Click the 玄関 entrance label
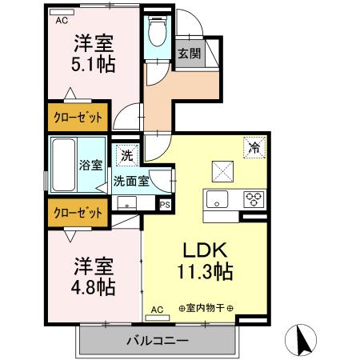pyautogui.click(x=189, y=54)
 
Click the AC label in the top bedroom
pyautogui.click(x=62, y=22)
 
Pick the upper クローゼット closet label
pyautogui.click(x=78, y=118)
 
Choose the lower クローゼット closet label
pyautogui.click(x=78, y=213)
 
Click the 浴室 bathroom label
pyautogui.click(x=90, y=166)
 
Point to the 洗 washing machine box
pyautogui.click(x=127, y=154)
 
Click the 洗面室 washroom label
pyautogui.click(x=130, y=181)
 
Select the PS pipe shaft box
pyautogui.click(x=166, y=205)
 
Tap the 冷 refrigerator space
pyautogui.click(x=254, y=147)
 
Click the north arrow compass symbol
pyautogui.click(x=304, y=339)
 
